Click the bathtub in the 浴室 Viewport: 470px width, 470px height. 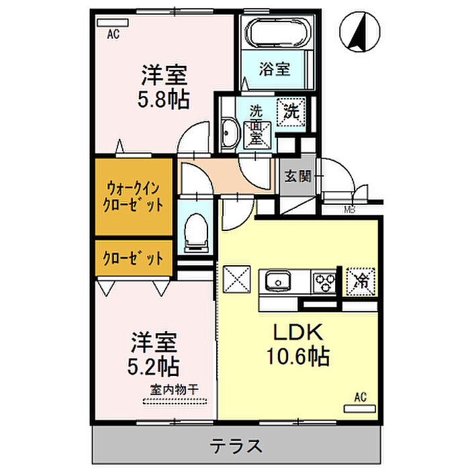(276, 33)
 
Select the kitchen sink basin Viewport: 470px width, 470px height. (279, 281)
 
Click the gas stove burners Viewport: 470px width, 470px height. (324, 282)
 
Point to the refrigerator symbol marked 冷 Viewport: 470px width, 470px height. (361, 281)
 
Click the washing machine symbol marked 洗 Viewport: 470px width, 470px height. (291, 111)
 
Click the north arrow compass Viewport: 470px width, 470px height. (360, 31)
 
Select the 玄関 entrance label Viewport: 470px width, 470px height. (297, 176)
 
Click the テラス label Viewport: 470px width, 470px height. (236, 446)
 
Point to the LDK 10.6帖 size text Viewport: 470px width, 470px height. (298, 344)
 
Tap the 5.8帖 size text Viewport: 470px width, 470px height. (163, 99)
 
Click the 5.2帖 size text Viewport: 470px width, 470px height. (153, 367)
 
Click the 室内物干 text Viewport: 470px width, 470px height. (174, 389)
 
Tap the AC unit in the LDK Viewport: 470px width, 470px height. (360, 408)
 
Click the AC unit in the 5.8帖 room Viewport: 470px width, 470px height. (113, 23)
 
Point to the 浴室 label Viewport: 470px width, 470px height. (274, 69)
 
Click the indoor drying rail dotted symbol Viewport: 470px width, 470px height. (175, 401)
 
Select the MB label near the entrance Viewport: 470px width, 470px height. (350, 209)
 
